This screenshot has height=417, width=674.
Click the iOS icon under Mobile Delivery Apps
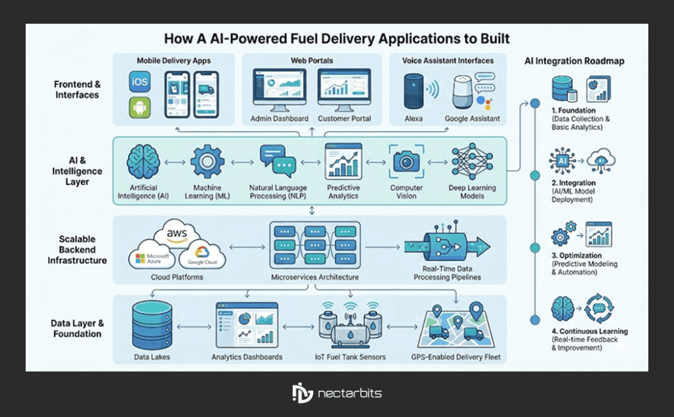click(140, 83)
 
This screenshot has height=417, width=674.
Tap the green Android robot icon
click(140, 108)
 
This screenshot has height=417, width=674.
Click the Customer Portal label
click(344, 119)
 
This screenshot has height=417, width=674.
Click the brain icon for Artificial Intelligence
click(142, 161)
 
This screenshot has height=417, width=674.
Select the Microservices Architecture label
click(315, 277)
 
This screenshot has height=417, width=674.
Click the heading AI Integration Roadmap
click(574, 61)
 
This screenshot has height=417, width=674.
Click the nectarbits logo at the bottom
click(336, 393)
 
